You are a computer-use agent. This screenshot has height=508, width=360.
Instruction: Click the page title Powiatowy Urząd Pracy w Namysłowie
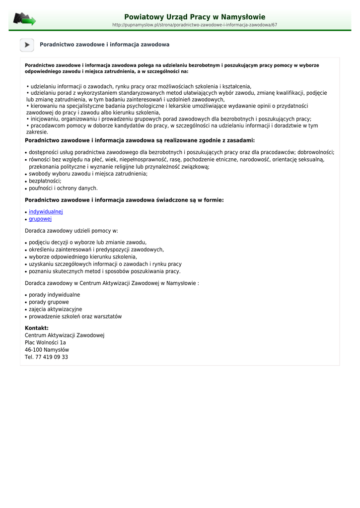pos(195,17)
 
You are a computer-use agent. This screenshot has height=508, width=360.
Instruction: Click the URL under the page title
pos(195,25)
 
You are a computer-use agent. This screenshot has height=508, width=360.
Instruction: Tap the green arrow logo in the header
pos(24,19)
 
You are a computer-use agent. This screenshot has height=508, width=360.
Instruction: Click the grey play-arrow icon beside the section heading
pos(27,45)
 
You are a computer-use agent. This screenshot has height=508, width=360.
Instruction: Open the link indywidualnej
pos(46,212)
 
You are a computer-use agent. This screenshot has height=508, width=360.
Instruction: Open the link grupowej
pos(40,219)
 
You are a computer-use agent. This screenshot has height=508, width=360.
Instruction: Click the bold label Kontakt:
pos(37,328)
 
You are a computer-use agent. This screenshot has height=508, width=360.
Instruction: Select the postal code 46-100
pos(33,350)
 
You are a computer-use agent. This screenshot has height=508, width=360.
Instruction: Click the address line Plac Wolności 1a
pos(45,342)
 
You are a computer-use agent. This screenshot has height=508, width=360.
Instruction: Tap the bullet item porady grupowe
pos(49,302)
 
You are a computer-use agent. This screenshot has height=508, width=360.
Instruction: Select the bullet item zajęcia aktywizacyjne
pos(55,309)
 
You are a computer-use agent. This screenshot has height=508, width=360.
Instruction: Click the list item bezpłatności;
pos(45,181)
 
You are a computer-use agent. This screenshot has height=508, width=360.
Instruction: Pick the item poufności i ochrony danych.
pos(63,188)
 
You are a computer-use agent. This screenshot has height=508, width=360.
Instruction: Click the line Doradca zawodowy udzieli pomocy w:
pos(72,231)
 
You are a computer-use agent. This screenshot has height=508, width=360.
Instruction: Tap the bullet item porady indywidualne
pos(54,295)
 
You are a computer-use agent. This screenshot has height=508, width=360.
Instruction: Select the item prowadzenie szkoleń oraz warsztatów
pos(75,317)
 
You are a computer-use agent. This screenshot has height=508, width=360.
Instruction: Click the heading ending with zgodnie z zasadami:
pos(140,140)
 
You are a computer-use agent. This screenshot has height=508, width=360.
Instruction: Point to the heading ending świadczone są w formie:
pos(124,200)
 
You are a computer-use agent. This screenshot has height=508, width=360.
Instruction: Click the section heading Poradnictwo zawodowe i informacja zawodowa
pos(104,45)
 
